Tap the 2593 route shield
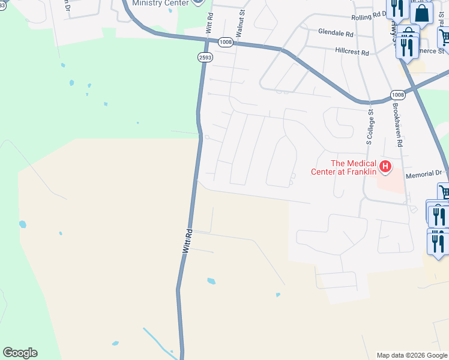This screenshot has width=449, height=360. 204,57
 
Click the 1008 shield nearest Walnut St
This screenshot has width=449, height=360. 226,42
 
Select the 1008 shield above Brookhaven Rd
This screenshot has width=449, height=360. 397,95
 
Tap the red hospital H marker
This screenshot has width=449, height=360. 385,167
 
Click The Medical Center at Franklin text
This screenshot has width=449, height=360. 345,167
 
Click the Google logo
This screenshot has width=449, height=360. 20,353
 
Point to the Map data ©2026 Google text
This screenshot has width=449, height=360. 412,355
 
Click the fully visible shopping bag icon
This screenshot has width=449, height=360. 422,13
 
